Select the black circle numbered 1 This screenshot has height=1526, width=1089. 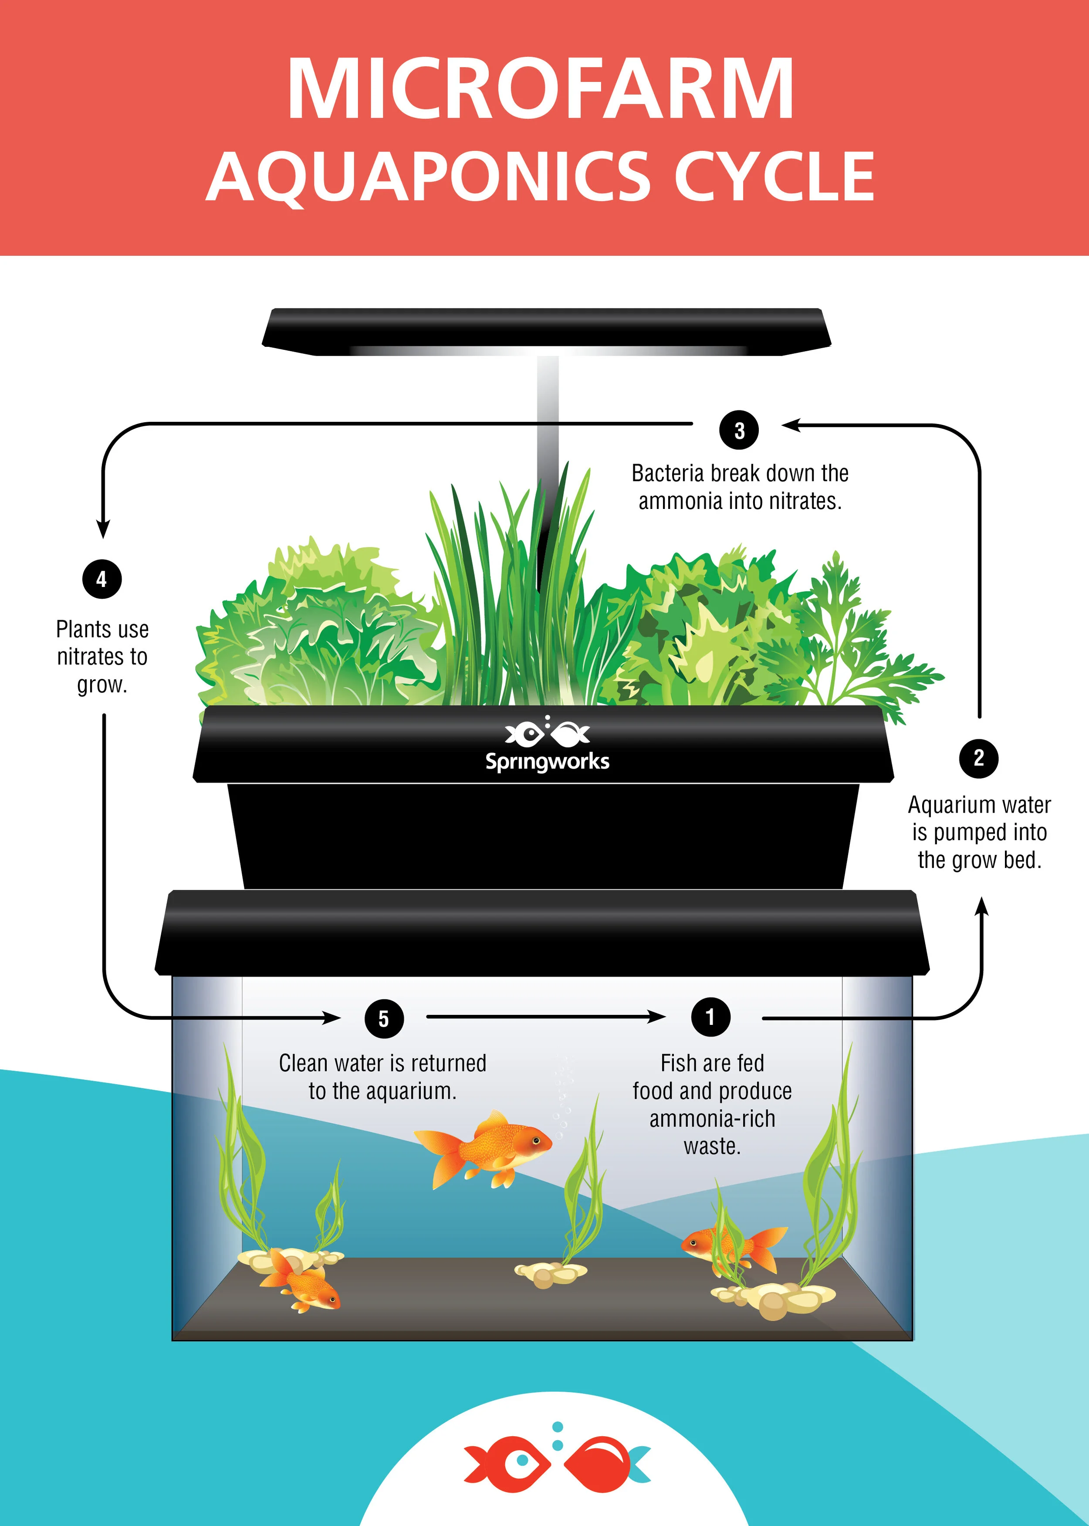coord(710,1017)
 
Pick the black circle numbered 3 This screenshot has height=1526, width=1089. coord(739,431)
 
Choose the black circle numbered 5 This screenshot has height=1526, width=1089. coord(384,1019)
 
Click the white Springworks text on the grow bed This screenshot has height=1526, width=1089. coord(547,762)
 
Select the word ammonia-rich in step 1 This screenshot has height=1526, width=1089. coord(712,1119)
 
